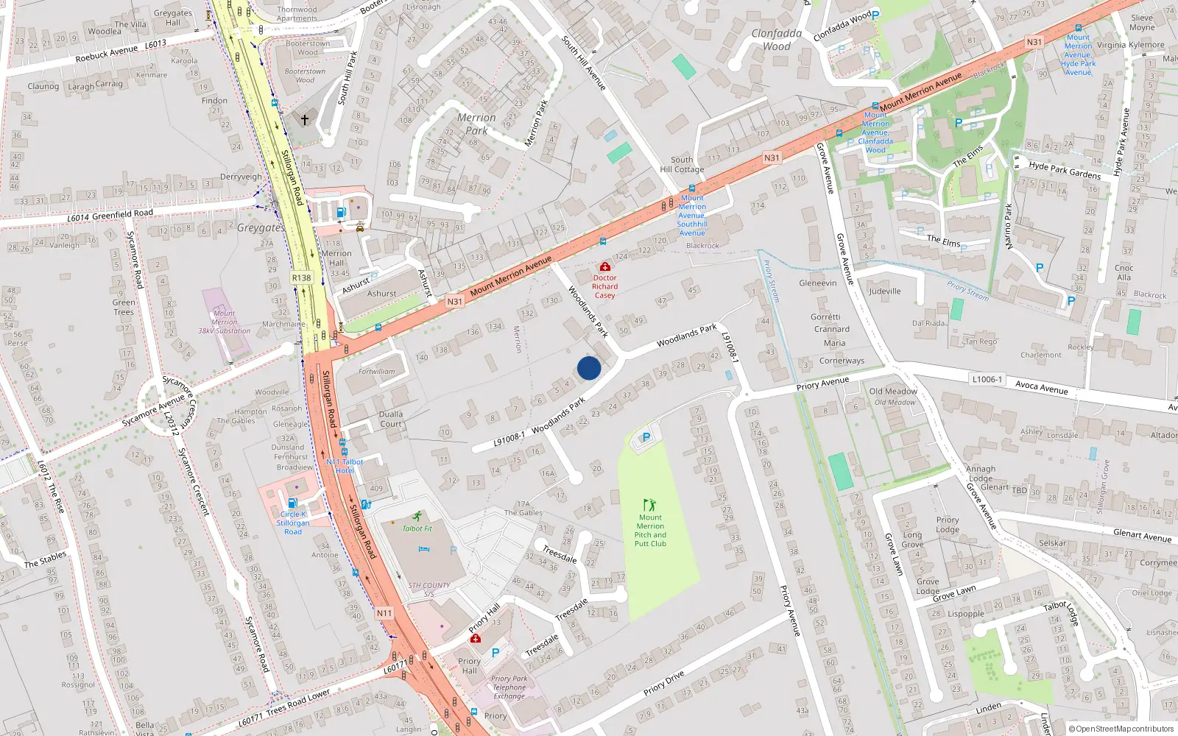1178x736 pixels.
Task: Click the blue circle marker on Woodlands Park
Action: (x=589, y=368)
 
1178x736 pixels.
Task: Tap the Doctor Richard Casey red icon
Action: (x=604, y=266)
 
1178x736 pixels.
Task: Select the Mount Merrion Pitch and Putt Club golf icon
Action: (x=649, y=505)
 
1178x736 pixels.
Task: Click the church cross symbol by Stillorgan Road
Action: (x=304, y=119)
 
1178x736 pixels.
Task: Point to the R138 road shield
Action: (x=301, y=277)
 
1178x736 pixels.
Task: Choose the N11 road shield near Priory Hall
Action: (x=384, y=613)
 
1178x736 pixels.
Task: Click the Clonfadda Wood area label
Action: (x=777, y=40)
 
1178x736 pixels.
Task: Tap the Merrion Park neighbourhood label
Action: (x=476, y=124)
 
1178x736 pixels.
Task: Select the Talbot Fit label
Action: (x=417, y=528)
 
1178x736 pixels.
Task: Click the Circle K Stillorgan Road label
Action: (x=293, y=523)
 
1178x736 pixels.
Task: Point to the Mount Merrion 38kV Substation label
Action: (x=225, y=322)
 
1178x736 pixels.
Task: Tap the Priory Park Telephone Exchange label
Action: (x=509, y=687)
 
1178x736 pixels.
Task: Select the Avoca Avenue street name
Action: (x=1041, y=386)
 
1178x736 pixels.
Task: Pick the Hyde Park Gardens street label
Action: (x=1065, y=171)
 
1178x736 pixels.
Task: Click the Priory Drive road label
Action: (x=663, y=683)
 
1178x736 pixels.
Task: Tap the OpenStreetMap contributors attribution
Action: (x=1121, y=729)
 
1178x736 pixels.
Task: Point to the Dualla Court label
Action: (x=391, y=419)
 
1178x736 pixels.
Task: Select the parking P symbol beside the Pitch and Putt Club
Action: (x=646, y=438)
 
